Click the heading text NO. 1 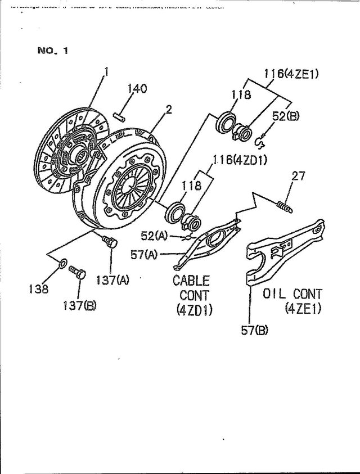pos(52,51)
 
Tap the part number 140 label pos(137,89)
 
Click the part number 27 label pos(298,177)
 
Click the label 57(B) pos(254,331)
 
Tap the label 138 pos(39,289)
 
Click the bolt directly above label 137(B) pos(76,274)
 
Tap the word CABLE pos(191,279)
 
